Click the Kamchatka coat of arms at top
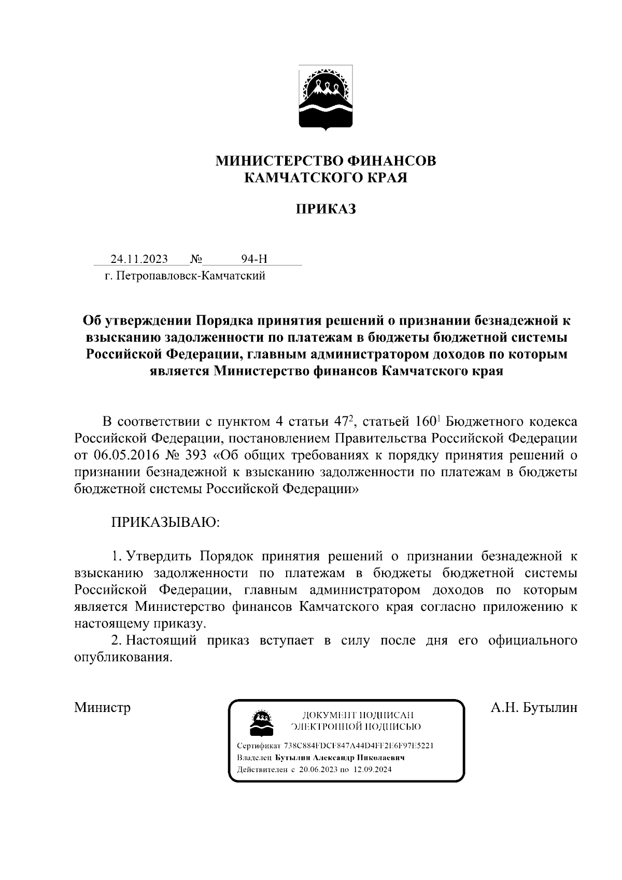click(x=326, y=97)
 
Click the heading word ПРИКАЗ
click(x=326, y=209)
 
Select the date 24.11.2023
click(x=138, y=259)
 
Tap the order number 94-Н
click(x=254, y=259)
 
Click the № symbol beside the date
click(x=196, y=259)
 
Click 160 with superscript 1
click(x=428, y=421)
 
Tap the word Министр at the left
click(x=102, y=707)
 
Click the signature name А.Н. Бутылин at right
click(x=534, y=707)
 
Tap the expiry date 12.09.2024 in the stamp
click(x=372, y=770)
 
